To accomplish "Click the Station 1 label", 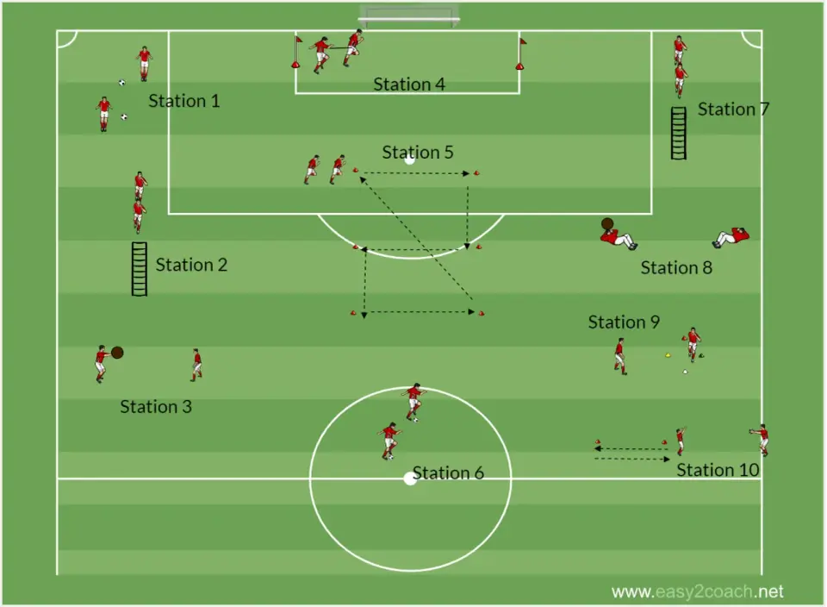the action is pyautogui.click(x=184, y=101).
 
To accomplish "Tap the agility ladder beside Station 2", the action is pyautogui.click(x=140, y=269).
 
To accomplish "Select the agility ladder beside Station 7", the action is pyautogui.click(x=679, y=133).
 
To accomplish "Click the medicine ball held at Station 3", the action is pyautogui.click(x=117, y=353).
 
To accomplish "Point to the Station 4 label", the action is pyautogui.click(x=409, y=84).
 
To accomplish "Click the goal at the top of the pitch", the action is pyautogui.click(x=408, y=16).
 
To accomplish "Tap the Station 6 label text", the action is pyautogui.click(x=448, y=472).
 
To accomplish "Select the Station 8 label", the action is pyautogui.click(x=677, y=267).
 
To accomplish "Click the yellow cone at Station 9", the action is pyautogui.click(x=668, y=355).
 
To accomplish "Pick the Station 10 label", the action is pyautogui.click(x=718, y=470).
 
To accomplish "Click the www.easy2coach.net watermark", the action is pyautogui.click(x=697, y=591).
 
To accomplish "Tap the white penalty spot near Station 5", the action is pyautogui.click(x=410, y=159).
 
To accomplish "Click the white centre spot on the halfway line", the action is pyautogui.click(x=410, y=479).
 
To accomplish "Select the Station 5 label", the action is pyautogui.click(x=418, y=152).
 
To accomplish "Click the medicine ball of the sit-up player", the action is pyautogui.click(x=607, y=224).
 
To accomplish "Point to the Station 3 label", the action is pyautogui.click(x=156, y=406).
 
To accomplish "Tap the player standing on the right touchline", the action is pyautogui.click(x=761, y=440).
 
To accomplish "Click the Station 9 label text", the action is pyautogui.click(x=624, y=322).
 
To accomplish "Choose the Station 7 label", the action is pyautogui.click(x=734, y=110).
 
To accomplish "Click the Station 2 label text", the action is pyautogui.click(x=191, y=265).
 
